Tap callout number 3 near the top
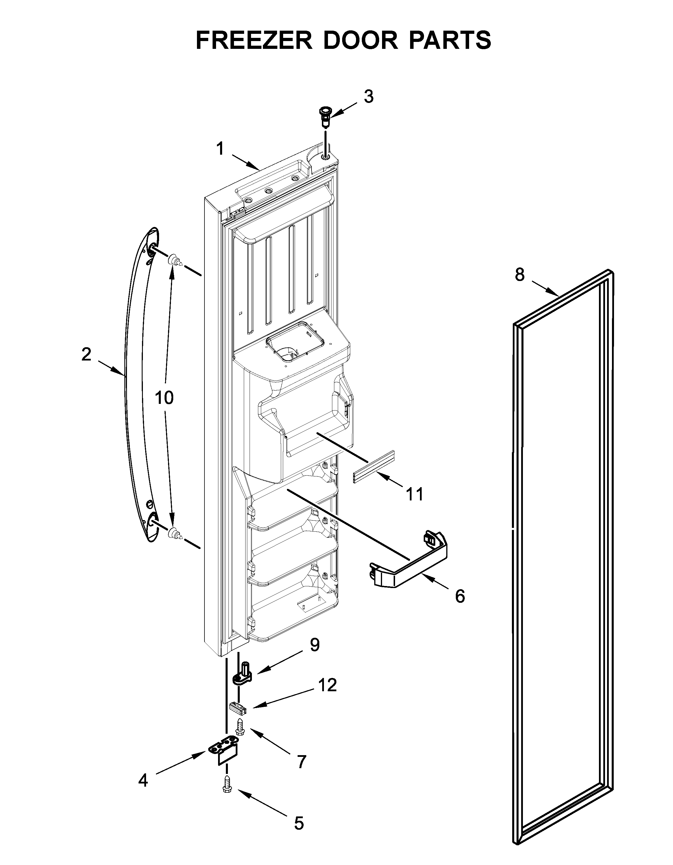click(x=368, y=96)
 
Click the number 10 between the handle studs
click(x=164, y=397)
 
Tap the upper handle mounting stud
click(x=175, y=260)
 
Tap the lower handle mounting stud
click(x=175, y=534)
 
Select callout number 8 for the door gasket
click(x=519, y=274)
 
